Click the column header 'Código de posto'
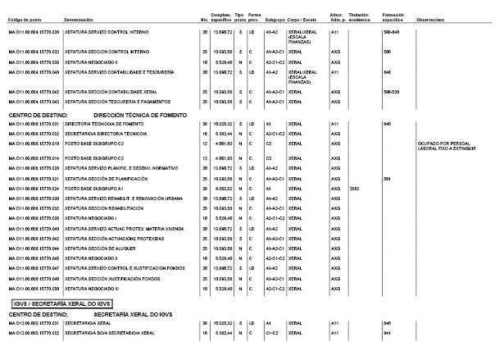(24, 17)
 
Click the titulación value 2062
(354, 188)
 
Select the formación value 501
(387, 178)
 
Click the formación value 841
(387, 333)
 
